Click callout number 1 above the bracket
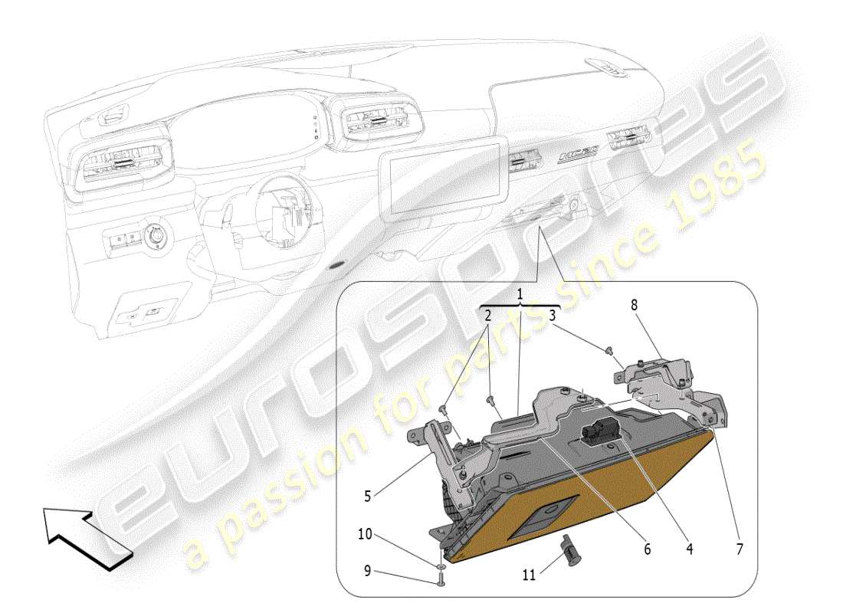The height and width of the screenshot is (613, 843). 519,293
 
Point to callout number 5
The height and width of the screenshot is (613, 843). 369,496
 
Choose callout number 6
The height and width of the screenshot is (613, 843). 648,549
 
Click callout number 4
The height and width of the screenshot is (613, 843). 689,549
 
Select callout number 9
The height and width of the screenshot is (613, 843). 367,570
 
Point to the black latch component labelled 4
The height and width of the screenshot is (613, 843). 599,433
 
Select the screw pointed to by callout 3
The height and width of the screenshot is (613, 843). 609,351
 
